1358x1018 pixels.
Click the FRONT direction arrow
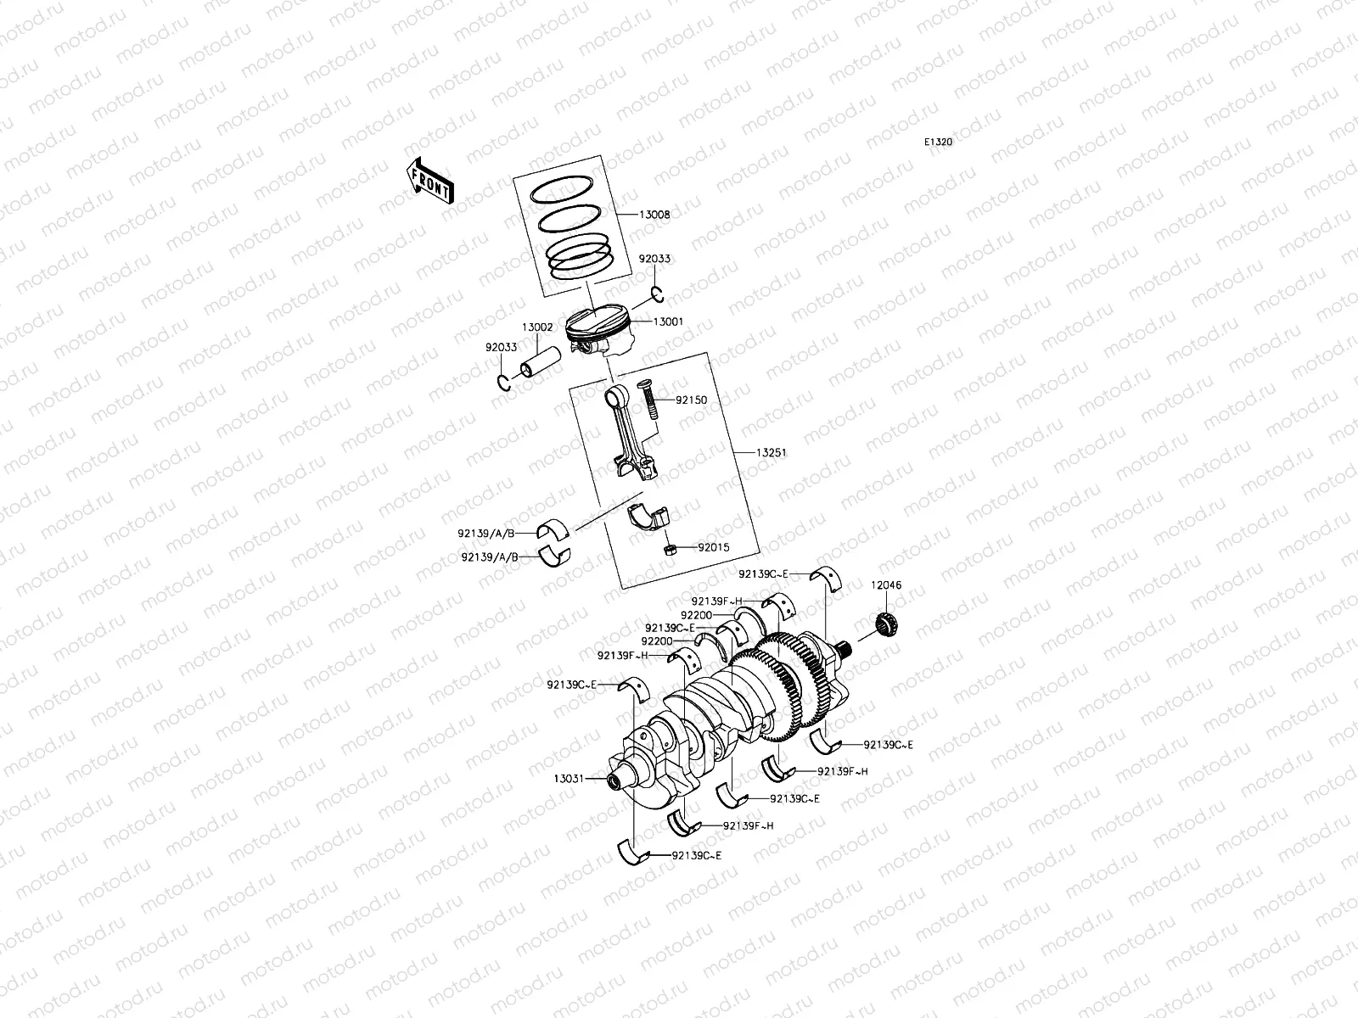click(430, 181)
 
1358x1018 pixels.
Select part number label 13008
click(654, 215)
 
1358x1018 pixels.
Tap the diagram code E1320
click(939, 143)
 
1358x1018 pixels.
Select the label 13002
click(536, 327)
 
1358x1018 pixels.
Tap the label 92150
click(692, 400)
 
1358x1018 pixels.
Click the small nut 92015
click(669, 549)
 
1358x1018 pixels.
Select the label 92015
click(714, 548)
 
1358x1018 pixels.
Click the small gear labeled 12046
click(889, 626)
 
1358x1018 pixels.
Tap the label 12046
click(885, 585)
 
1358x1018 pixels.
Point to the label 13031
click(569, 778)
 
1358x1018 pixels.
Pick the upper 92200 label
click(696, 613)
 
